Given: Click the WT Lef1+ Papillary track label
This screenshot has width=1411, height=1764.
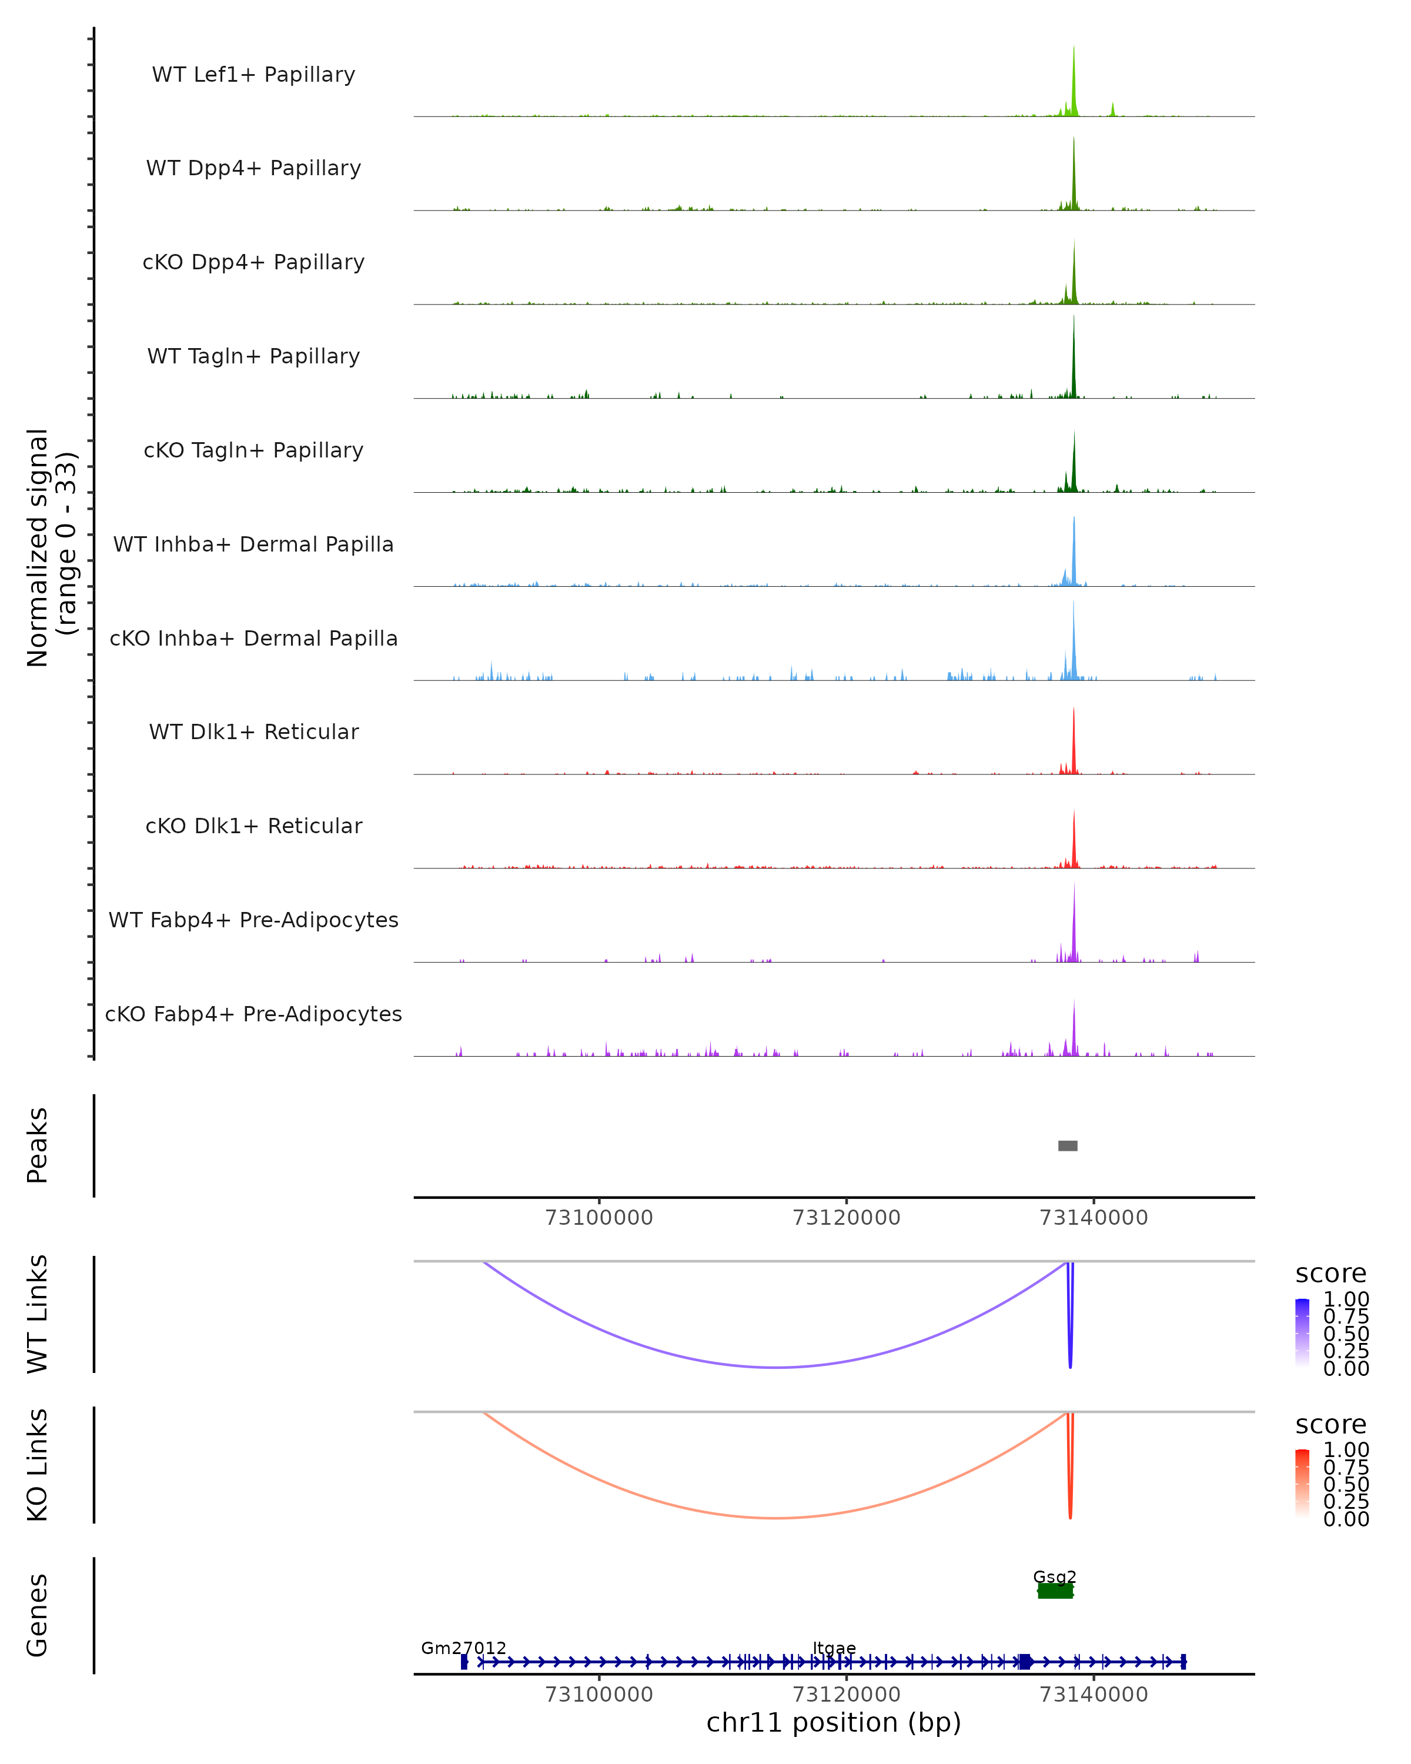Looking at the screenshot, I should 253,75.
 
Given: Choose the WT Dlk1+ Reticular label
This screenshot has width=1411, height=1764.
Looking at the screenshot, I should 253,731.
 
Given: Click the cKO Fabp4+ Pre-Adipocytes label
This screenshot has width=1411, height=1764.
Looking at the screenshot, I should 253,1014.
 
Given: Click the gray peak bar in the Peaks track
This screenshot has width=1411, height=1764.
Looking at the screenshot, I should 1068,1145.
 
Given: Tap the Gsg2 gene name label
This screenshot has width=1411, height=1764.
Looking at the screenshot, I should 1054,1576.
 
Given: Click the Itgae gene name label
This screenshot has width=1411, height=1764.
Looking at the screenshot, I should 834,1648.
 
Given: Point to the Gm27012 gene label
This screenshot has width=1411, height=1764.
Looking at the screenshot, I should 464,1648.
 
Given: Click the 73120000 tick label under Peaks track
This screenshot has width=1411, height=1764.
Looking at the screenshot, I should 847,1218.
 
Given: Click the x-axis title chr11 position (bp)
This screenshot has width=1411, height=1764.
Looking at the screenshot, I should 834,1722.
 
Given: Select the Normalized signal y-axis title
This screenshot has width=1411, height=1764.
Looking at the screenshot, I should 51,547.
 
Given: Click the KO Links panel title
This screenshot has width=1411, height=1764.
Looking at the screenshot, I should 38,1465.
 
